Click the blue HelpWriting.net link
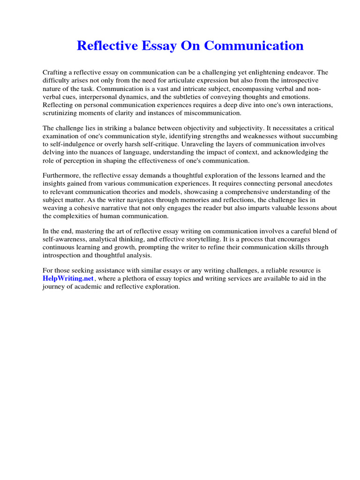click(x=68, y=278)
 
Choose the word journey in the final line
click(x=53, y=287)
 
